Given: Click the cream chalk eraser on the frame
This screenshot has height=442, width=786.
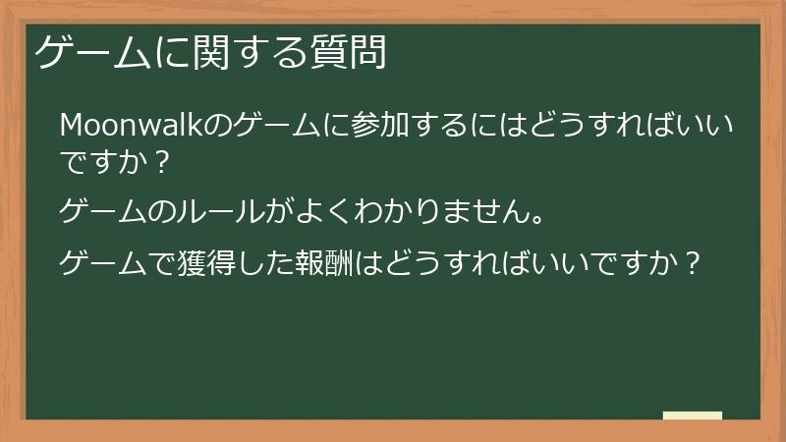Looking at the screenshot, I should click(x=693, y=415).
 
